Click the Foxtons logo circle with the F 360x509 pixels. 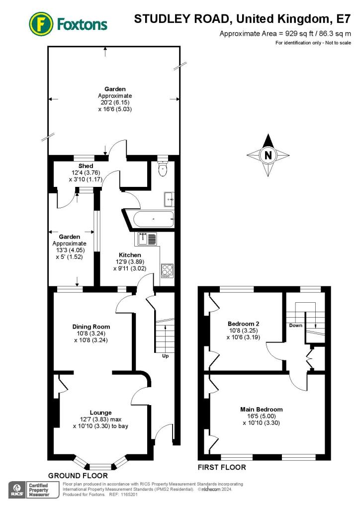pyautogui.click(x=41, y=24)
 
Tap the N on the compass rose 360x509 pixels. pyautogui.click(x=268, y=155)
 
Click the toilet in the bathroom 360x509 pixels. pyautogui.click(x=163, y=168)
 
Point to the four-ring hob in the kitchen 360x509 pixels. pyautogui.click(x=167, y=271)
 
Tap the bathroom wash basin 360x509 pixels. pyautogui.click(x=169, y=199)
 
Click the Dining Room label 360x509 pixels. pyautogui.click(x=91, y=327)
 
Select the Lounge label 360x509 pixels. pyautogui.click(x=100, y=413)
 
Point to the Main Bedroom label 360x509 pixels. pyautogui.click(x=262, y=410)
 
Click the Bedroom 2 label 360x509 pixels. pyautogui.click(x=244, y=324)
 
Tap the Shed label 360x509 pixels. pyautogui.click(x=86, y=166)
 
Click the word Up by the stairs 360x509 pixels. pyautogui.click(x=165, y=356)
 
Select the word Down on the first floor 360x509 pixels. pyautogui.click(x=296, y=325)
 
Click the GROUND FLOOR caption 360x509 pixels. pyautogui.click(x=78, y=476)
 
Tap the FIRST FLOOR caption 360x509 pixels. pyautogui.click(x=222, y=467)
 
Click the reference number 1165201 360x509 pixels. pyautogui.click(x=129, y=495)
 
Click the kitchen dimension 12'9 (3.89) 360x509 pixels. pyautogui.click(x=130, y=261)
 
